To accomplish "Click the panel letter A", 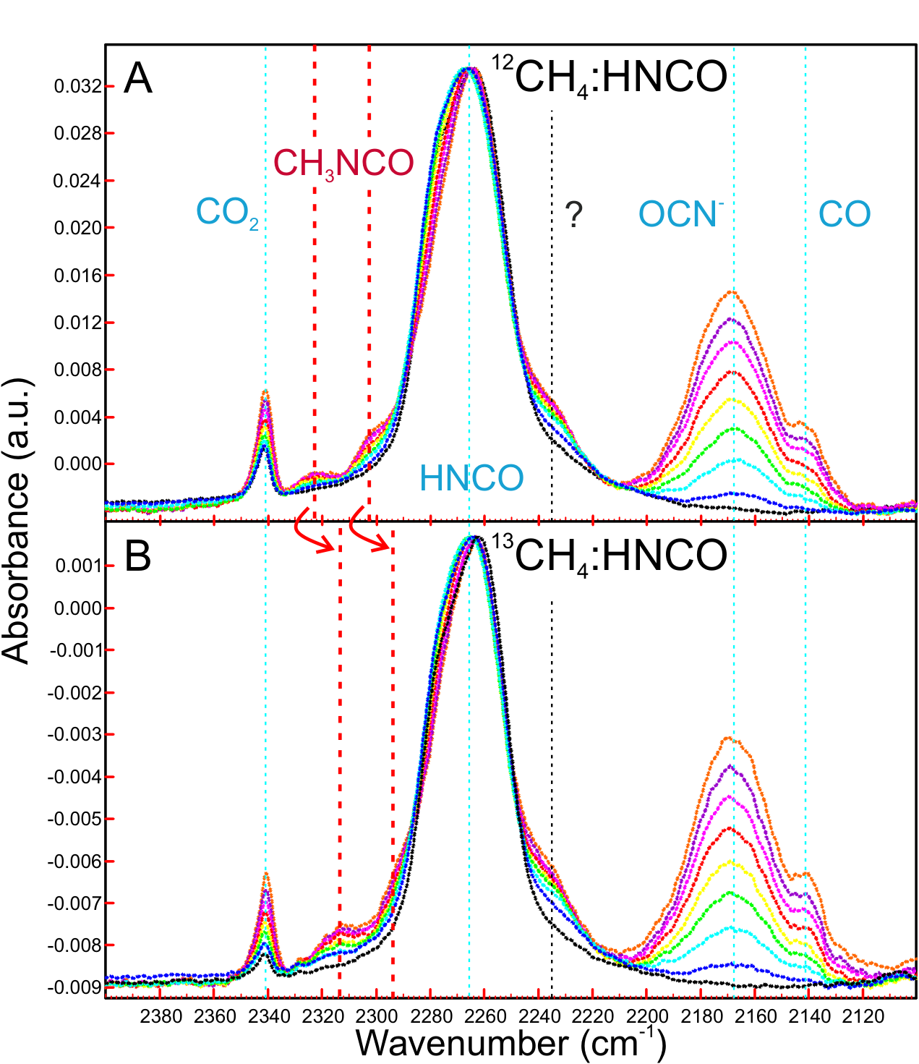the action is pos(138,78).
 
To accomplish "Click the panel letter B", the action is pos(137,556).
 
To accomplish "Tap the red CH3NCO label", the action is pos(343,164).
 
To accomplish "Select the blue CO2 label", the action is pos(227,213).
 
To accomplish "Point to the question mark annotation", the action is pos(573,215).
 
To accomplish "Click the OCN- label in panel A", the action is pos(681,213).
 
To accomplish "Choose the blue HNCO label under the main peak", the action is pos(471,478).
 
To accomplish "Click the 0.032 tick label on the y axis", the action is pos(77,87).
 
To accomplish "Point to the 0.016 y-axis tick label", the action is pos(77,276).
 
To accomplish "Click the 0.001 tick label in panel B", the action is pos(78,566).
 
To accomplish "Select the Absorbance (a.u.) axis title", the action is pos(15,520).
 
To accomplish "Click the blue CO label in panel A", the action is pos(845,213).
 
